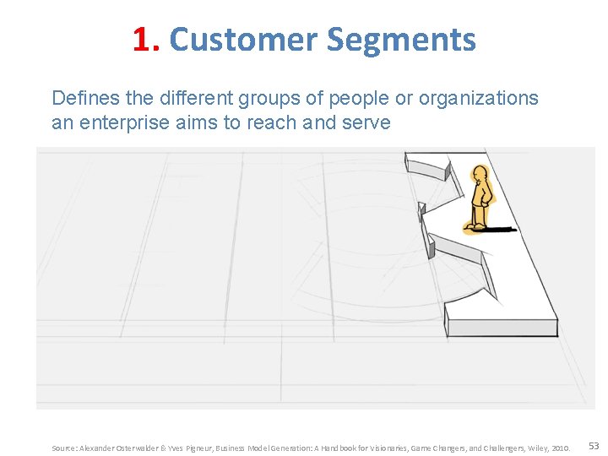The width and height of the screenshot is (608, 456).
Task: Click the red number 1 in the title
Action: click(142, 40)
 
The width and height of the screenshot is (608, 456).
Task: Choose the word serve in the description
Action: click(366, 123)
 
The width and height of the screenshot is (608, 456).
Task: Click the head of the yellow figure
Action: click(480, 175)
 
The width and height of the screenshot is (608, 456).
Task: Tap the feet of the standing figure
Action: click(478, 226)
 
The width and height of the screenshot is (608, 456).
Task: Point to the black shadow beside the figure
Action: click(501, 229)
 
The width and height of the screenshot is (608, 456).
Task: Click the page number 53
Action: click(594, 446)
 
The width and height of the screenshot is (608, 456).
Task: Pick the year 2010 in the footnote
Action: click(561, 448)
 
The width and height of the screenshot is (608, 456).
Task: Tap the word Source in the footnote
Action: click(64, 448)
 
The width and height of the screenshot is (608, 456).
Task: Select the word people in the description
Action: click(360, 99)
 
